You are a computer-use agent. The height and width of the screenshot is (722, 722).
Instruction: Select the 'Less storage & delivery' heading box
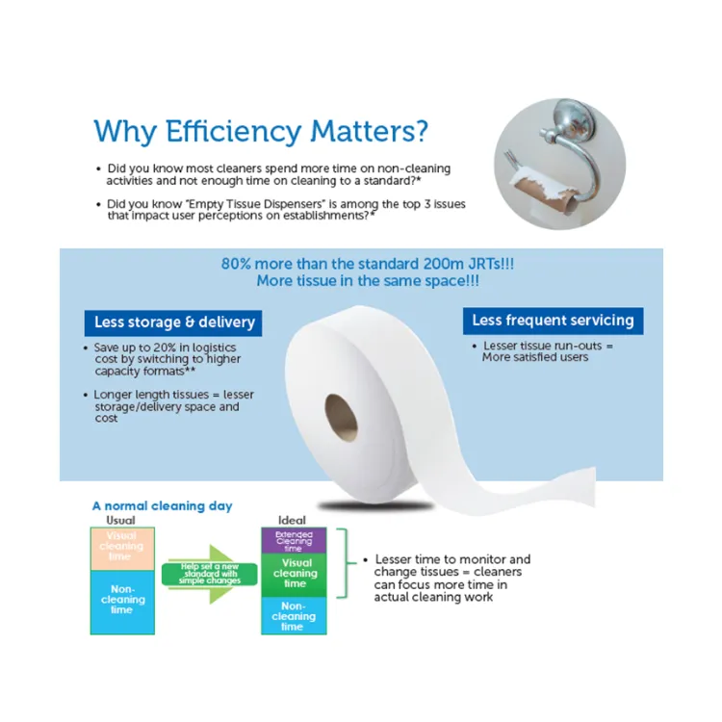coord(173,322)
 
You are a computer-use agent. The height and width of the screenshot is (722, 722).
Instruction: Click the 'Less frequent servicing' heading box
coord(553,321)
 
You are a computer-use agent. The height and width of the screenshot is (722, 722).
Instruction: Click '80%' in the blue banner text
coord(239,264)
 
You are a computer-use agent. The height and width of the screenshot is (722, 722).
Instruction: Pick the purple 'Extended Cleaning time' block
coord(294,540)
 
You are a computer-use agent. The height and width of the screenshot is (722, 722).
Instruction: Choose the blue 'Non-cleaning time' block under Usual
coord(121,602)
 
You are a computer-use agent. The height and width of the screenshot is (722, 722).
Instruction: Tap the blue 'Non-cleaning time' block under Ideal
coord(294,615)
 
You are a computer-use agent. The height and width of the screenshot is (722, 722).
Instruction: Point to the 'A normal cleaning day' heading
coord(162,505)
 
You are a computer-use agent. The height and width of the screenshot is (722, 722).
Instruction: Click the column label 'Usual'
coord(120,520)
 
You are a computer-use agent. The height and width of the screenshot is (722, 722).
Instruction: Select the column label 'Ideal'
coord(292,520)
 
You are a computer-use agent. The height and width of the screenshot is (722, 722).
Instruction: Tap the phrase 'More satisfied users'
coord(535,357)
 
